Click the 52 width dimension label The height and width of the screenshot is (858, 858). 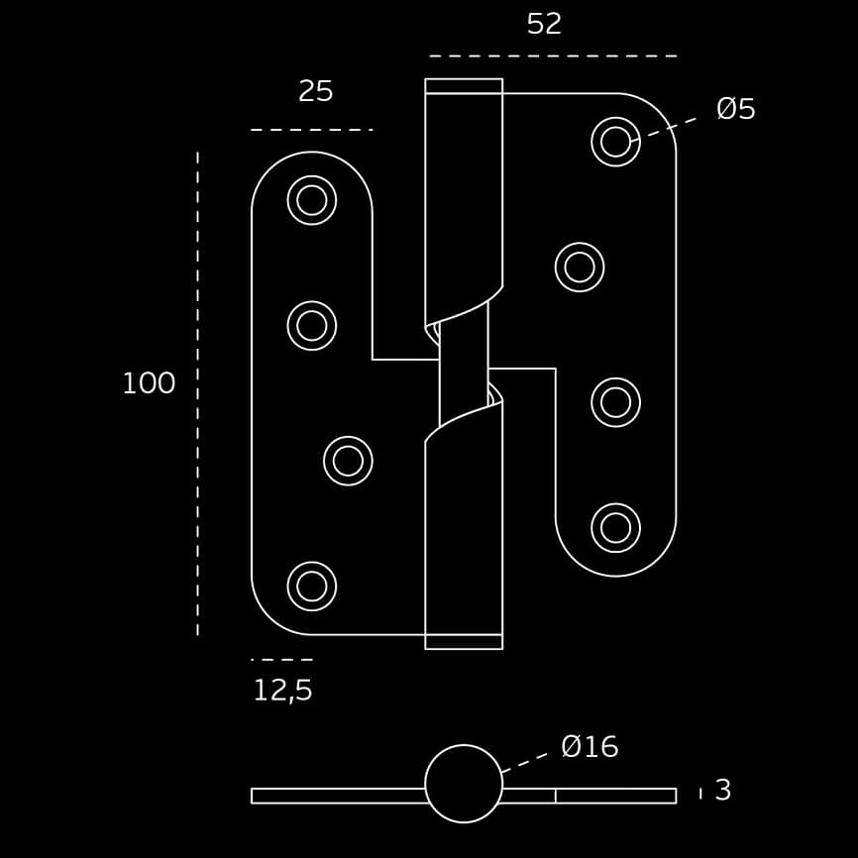(x=544, y=24)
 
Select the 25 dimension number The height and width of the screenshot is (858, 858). (x=316, y=91)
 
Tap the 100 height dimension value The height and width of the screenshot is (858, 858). (x=149, y=383)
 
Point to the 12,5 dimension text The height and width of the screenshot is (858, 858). (x=283, y=691)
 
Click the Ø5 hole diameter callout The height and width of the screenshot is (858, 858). (x=736, y=108)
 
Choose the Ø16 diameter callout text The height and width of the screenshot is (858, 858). (x=590, y=746)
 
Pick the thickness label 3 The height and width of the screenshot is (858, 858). (x=723, y=791)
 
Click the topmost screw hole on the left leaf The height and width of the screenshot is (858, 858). (x=312, y=200)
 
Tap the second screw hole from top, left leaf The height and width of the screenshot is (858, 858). (x=312, y=326)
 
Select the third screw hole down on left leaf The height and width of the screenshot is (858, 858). (x=348, y=461)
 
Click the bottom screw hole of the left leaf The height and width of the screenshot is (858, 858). (x=312, y=587)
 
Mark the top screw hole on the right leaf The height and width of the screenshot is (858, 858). (x=615, y=142)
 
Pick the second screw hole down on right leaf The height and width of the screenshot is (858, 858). (x=580, y=268)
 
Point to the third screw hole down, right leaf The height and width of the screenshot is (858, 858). (x=615, y=402)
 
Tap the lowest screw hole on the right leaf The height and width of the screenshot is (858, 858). (x=615, y=528)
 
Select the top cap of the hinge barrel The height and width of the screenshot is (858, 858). (x=464, y=86)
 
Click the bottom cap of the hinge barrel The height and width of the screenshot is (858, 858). (x=464, y=642)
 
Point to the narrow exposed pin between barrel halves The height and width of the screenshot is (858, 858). (x=464, y=364)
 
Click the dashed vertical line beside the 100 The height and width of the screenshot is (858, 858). (x=197, y=393)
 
